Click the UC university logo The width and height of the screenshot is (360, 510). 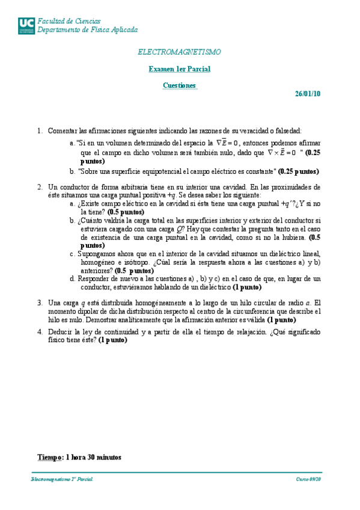[x=26, y=25]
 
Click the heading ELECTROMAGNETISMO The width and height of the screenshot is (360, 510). [x=180, y=52]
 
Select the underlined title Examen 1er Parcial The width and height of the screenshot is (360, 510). [x=180, y=69]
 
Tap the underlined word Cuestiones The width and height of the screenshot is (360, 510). [x=180, y=85]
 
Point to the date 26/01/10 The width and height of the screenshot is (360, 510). [x=308, y=93]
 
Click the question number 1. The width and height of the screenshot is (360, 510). [x=40, y=131]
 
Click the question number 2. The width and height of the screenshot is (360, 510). [x=40, y=187]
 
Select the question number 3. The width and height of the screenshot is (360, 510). [x=40, y=303]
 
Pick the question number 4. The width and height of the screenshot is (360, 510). [x=40, y=331]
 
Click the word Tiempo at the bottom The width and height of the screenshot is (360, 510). [x=50, y=457]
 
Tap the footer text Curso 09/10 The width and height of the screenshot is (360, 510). [x=308, y=479]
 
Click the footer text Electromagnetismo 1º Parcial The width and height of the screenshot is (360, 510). [x=63, y=479]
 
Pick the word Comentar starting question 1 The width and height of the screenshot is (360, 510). [x=61, y=131]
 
